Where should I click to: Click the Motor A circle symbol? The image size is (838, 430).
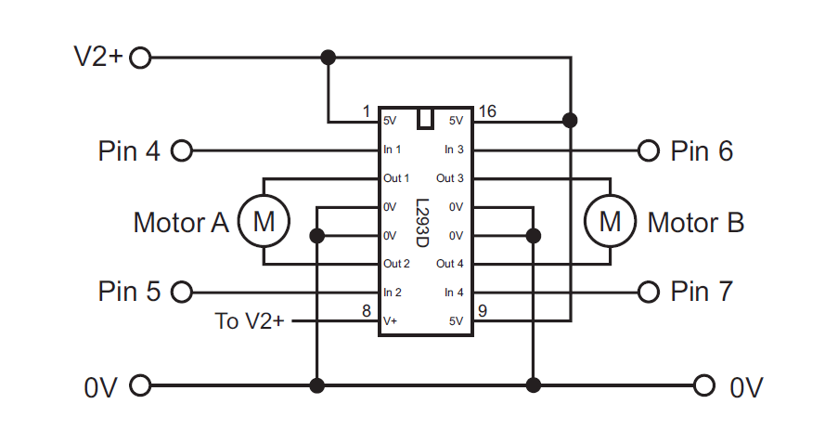[x=264, y=221]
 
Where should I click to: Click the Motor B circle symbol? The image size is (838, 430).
[x=610, y=221]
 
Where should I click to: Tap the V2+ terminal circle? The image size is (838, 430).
[x=140, y=58]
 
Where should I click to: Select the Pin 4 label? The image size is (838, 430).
[x=128, y=150]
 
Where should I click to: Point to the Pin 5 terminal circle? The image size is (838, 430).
[x=181, y=293]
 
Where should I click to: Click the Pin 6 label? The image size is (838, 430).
[x=702, y=150]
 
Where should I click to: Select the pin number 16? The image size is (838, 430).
[x=486, y=111]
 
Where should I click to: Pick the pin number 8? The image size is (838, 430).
[x=367, y=312]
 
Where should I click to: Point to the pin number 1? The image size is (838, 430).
[x=367, y=111]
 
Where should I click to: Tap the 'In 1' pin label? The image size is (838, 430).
[x=393, y=150]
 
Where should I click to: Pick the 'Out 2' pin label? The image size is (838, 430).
[x=396, y=264]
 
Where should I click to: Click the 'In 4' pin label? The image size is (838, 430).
[x=454, y=293]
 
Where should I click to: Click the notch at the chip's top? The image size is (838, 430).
[x=426, y=119]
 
